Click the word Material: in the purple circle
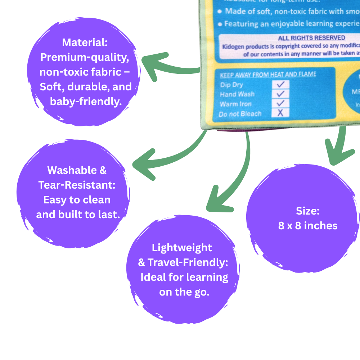tap(85, 42)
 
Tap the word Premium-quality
tap(85, 57)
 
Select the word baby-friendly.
tap(85, 102)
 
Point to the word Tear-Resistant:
tap(77, 185)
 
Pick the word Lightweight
tap(182, 248)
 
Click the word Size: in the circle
tap(308, 211)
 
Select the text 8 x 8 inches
tap(308, 226)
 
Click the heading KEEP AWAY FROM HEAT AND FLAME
tap(268, 75)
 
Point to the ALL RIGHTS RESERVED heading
tap(311, 38)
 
